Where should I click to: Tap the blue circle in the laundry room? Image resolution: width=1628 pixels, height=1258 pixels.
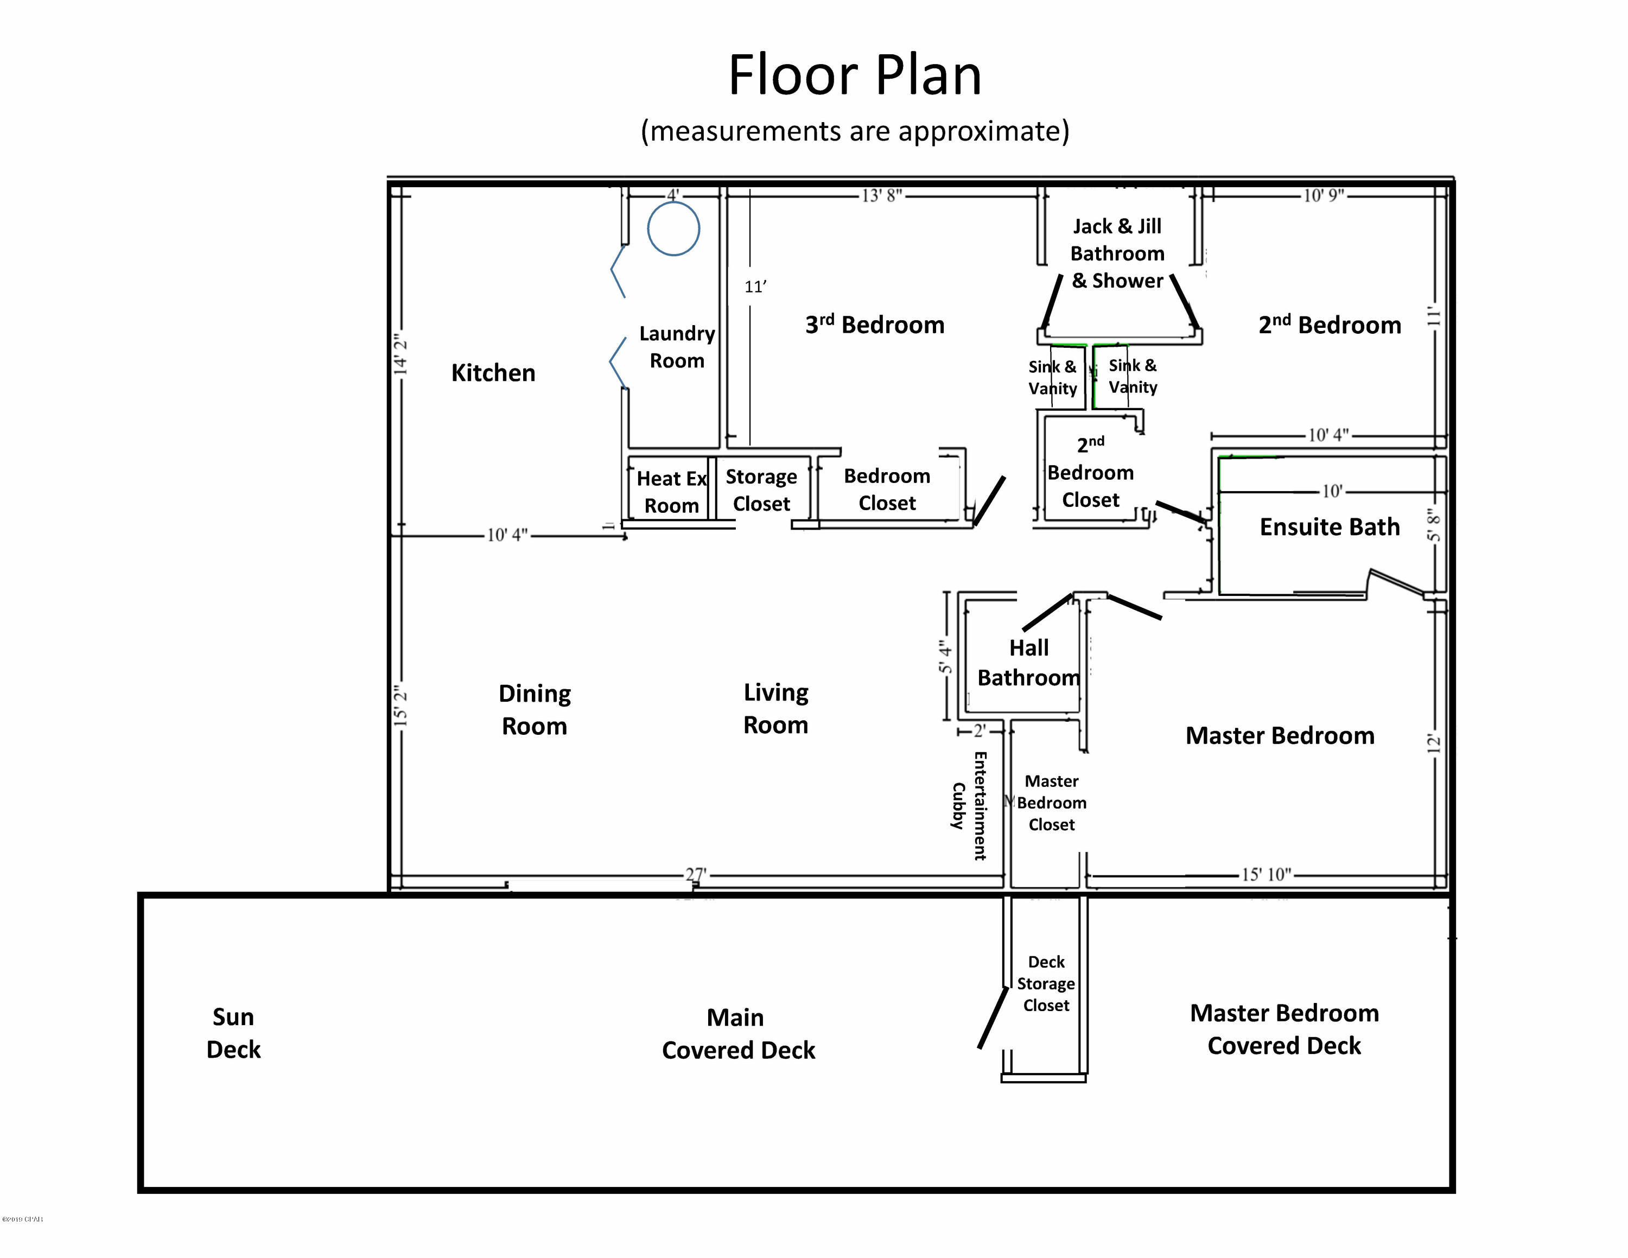coord(673,229)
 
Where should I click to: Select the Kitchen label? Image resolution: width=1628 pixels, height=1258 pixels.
coord(493,373)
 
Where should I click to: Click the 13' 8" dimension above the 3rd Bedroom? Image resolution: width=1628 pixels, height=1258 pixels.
coord(882,196)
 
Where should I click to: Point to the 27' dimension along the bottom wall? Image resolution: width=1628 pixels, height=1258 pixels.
coord(696,874)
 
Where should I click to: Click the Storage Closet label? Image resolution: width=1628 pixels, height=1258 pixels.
coord(761,490)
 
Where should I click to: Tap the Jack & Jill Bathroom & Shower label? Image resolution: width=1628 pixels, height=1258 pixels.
coord(1117,253)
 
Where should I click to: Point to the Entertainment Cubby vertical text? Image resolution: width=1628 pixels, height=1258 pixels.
coord(970,805)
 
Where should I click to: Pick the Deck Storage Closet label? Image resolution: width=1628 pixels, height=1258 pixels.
coord(1045,984)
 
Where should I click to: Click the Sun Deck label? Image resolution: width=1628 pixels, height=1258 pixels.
coord(233,1033)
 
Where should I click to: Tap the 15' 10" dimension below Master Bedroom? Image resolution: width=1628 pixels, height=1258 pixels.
coord(1265,874)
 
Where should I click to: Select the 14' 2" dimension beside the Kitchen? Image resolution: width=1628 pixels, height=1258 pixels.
coord(400,354)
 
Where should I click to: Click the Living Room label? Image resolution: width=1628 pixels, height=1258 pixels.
coord(775,709)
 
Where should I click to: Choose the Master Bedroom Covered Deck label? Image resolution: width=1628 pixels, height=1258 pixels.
coord(1283,1029)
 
